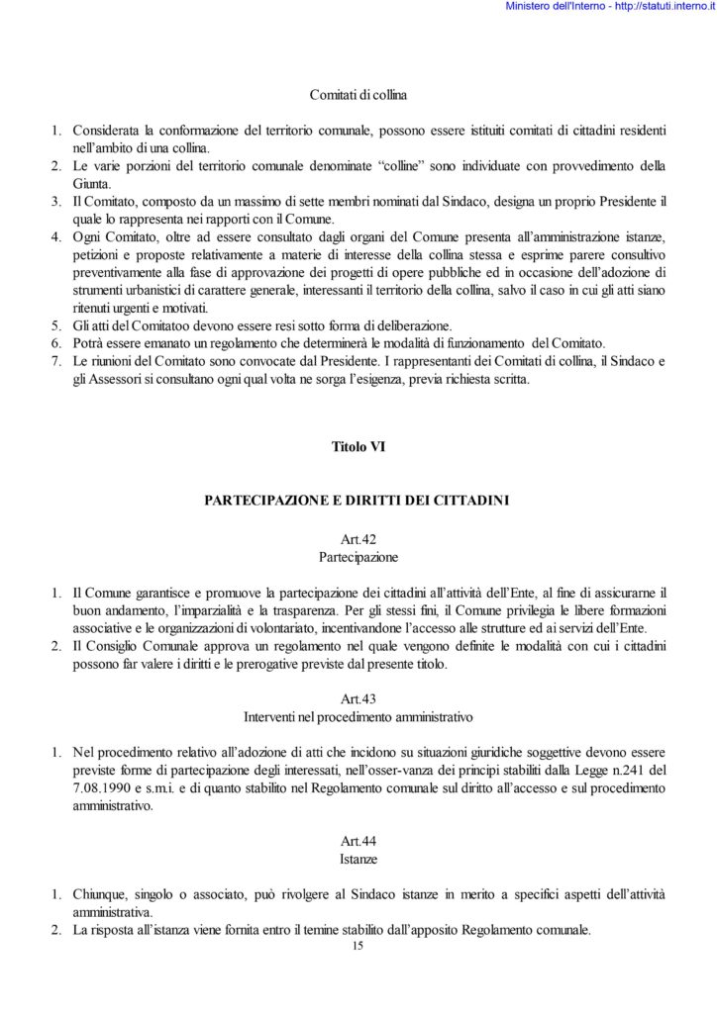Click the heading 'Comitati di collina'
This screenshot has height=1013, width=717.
[x=358, y=96]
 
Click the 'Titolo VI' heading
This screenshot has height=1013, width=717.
[x=358, y=447]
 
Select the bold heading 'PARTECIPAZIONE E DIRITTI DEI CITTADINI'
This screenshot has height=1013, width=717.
[x=358, y=501]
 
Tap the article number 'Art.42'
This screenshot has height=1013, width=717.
[x=358, y=540]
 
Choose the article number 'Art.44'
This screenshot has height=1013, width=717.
[x=358, y=841]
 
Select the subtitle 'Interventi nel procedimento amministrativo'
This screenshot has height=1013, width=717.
[x=358, y=714]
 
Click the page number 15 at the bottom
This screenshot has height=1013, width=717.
[x=358, y=947]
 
